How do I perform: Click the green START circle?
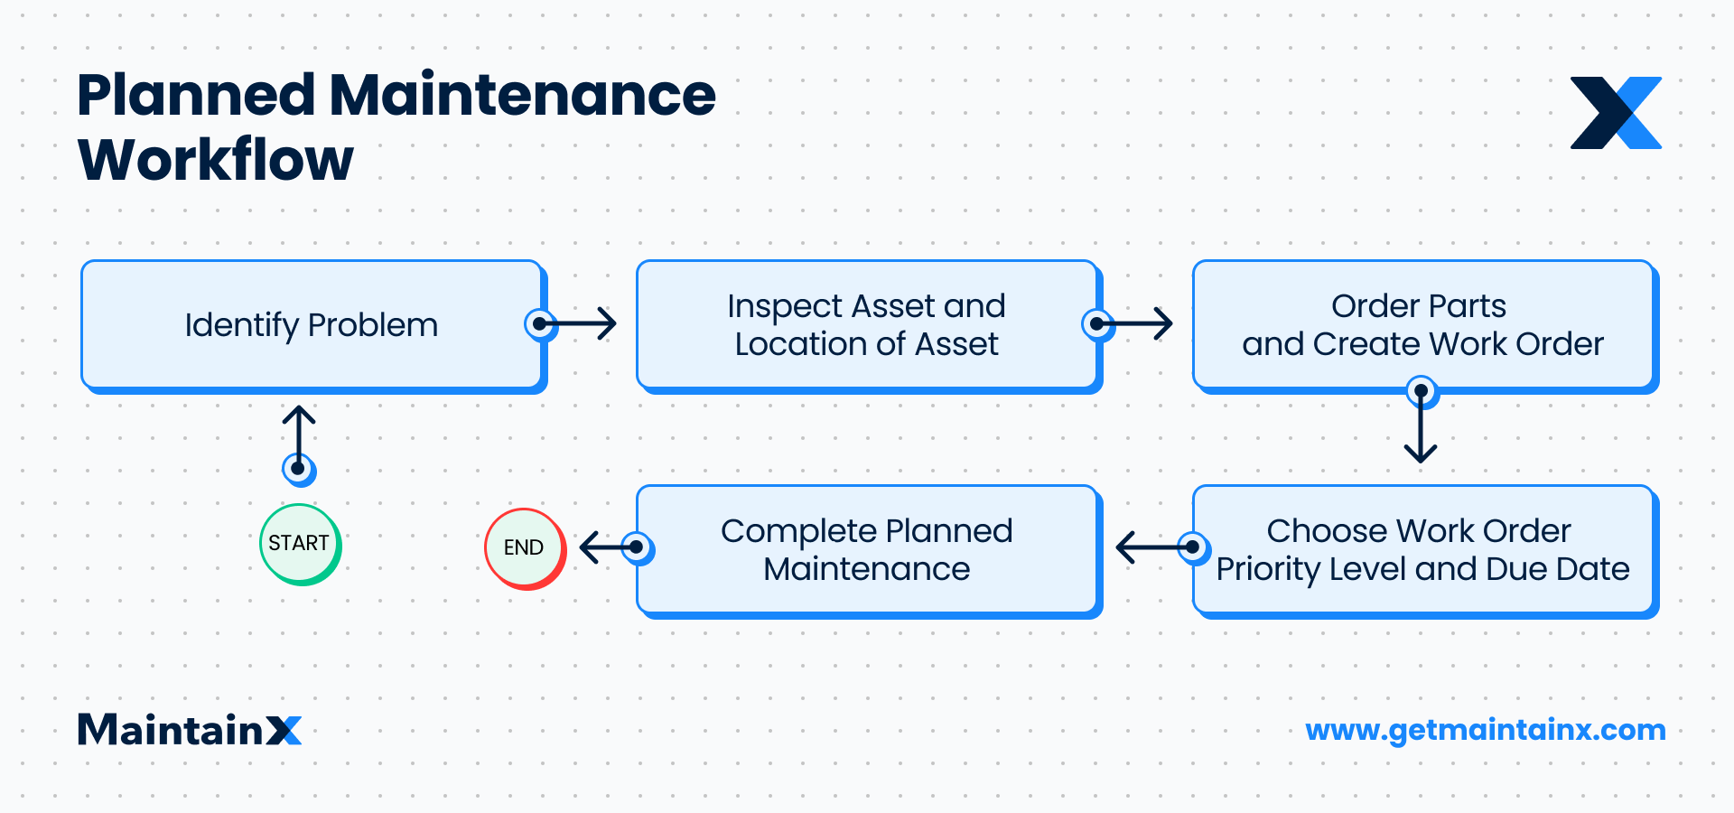click(299, 544)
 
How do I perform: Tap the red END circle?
click(524, 548)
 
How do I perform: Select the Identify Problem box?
click(312, 325)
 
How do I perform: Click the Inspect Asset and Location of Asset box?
click(866, 325)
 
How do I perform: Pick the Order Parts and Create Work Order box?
click(1422, 325)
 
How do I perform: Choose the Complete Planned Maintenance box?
click(866, 549)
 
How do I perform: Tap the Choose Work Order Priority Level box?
click(1422, 549)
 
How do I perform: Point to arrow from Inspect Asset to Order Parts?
click(1135, 323)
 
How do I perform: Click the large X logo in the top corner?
click(1616, 113)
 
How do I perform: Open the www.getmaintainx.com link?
click(1485, 730)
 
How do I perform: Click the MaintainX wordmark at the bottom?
click(190, 730)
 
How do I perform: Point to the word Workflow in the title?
click(216, 161)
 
